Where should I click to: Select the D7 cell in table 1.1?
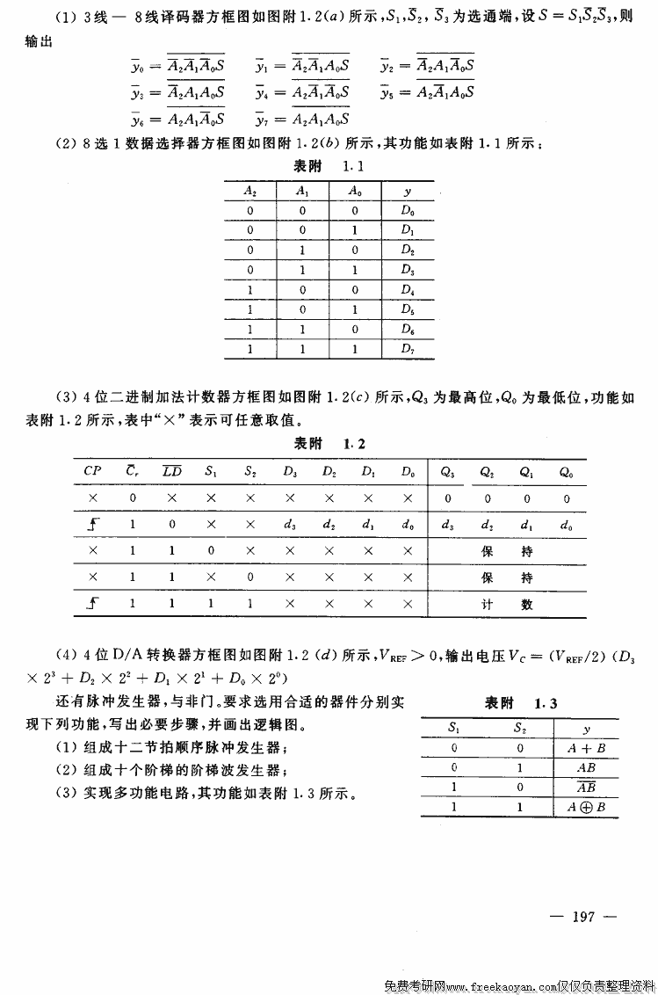pos(407,348)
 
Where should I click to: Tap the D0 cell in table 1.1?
pos(407,211)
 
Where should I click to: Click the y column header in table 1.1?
pos(407,191)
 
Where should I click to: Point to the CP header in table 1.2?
pos(92,470)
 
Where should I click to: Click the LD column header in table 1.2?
pos(172,470)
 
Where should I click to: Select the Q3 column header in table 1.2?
pos(447,470)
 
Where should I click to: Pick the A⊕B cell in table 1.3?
pos(586,806)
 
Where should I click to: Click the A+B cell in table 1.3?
pos(586,749)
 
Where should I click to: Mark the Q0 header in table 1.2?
pos(567,470)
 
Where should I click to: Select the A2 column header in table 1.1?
pos(250,191)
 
